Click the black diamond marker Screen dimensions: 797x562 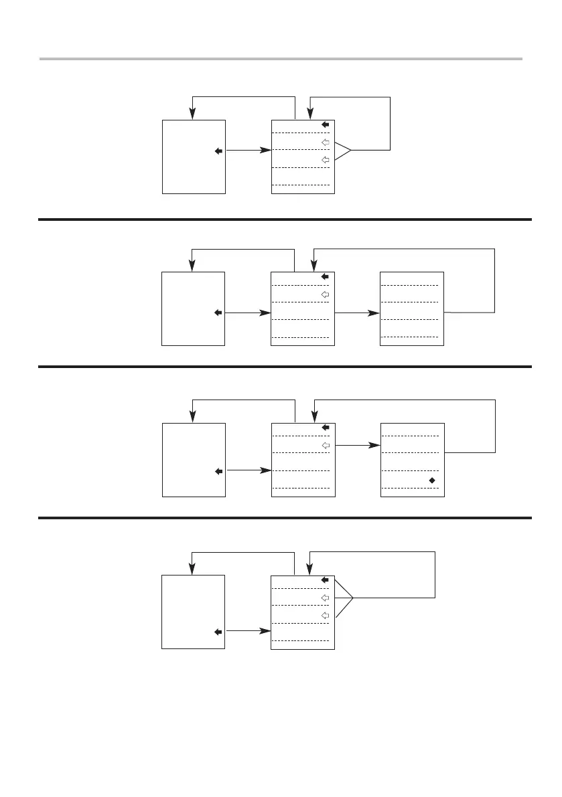pos(432,480)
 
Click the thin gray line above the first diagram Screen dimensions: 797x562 pos(281,59)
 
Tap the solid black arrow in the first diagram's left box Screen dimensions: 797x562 pos(218,151)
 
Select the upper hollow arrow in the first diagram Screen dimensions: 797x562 pos(326,142)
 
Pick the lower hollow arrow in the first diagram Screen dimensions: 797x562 pos(326,159)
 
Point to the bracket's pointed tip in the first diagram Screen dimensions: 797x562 pos(351,151)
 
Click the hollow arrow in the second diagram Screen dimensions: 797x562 pos(326,294)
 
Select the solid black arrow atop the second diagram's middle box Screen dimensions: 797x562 pos(326,276)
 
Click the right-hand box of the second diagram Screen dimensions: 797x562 pos(411,308)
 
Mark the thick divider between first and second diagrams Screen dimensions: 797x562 pos(285,219)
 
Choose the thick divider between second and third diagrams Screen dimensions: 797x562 pos(285,367)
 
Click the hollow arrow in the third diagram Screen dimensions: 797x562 pos(326,445)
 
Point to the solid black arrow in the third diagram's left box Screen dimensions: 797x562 pos(218,471)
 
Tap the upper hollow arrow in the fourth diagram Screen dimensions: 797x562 pos(326,597)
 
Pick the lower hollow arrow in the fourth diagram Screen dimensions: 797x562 pos(326,614)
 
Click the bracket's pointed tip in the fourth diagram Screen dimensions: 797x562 pos(352,597)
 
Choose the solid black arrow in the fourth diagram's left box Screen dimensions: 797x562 pos(218,631)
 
